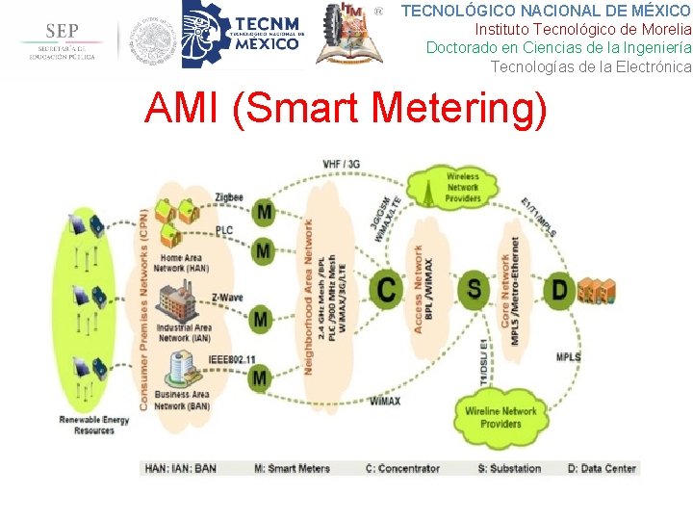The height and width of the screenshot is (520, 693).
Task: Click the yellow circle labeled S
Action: tap(474, 287)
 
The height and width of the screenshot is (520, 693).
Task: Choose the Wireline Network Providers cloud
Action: tap(500, 417)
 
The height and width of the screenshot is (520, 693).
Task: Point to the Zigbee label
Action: tap(229, 197)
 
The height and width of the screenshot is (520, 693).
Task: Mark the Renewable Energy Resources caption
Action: tap(93, 425)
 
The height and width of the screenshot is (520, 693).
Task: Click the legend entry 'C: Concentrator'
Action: tap(402, 468)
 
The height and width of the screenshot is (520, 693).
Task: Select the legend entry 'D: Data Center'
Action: tap(602, 468)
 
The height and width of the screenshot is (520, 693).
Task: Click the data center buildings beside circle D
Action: tap(596, 290)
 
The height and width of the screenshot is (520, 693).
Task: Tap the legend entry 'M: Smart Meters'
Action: tap(292, 468)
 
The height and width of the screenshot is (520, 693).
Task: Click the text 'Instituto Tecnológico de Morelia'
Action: tap(582, 29)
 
